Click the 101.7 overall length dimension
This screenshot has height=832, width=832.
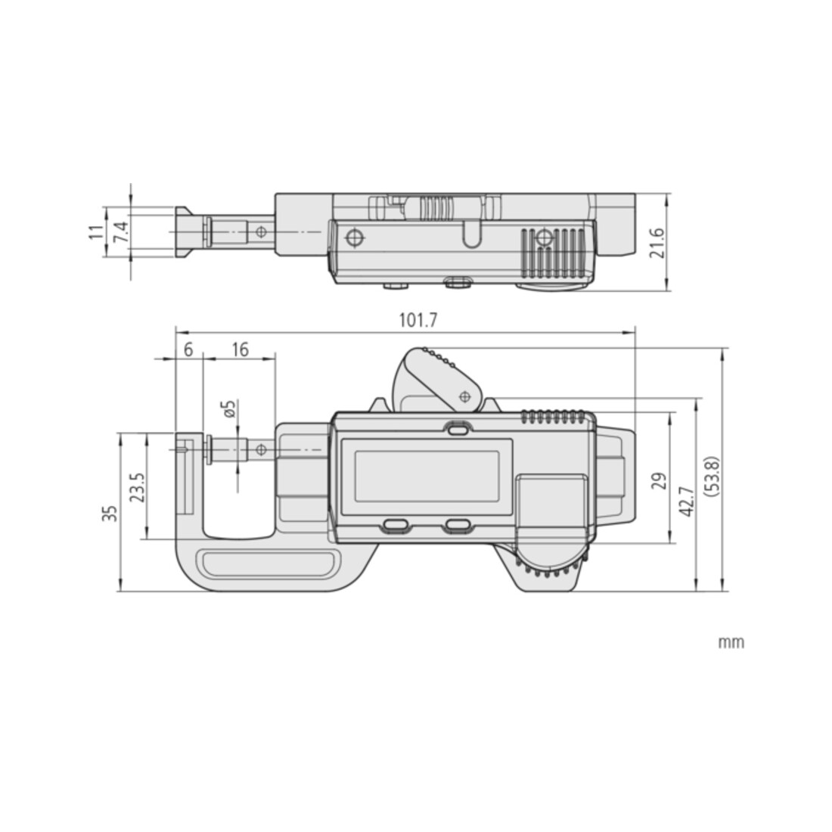click(x=418, y=321)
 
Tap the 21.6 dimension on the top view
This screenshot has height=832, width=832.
click(x=657, y=243)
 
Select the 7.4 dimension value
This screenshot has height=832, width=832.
click(x=122, y=232)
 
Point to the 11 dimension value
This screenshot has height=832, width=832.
click(x=96, y=232)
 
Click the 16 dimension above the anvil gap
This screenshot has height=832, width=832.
click(x=240, y=349)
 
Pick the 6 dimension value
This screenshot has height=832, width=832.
click(x=188, y=349)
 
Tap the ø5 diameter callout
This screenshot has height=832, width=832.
click(x=229, y=408)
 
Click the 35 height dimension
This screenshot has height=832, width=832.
click(x=110, y=513)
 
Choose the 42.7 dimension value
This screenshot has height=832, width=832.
click(x=687, y=501)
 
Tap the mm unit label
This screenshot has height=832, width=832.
click(x=731, y=643)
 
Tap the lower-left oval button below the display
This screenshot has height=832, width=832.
click(x=395, y=525)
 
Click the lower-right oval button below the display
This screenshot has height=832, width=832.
click(x=458, y=525)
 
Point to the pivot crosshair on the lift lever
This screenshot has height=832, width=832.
click(x=465, y=396)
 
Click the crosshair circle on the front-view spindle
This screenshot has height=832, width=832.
click(x=260, y=450)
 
